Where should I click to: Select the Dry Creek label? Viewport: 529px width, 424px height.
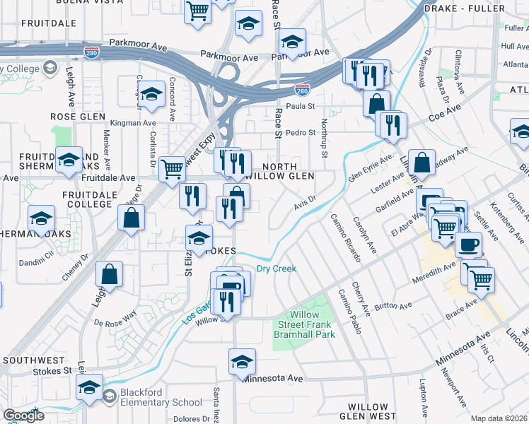[x=276, y=269]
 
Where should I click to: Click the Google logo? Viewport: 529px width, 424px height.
[x=23, y=415]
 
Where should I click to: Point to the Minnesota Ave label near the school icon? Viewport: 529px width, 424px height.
[x=272, y=379]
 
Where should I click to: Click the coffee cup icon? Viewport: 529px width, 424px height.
[x=466, y=245]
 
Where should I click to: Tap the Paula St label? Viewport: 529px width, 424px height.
[x=300, y=106]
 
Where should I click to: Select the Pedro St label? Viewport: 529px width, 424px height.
[x=301, y=132]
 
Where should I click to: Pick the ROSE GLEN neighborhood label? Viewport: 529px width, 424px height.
[x=78, y=117]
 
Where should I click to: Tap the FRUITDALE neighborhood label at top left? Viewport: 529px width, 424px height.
[x=49, y=23]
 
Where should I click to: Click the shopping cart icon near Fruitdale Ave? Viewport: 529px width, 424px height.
[x=172, y=168]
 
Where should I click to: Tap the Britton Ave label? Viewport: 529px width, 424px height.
[x=397, y=306]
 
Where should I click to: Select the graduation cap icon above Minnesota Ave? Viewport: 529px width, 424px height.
[x=242, y=361]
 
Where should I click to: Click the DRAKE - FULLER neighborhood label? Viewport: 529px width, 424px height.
[x=465, y=8]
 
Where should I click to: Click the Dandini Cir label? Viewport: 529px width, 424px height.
[x=40, y=252]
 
